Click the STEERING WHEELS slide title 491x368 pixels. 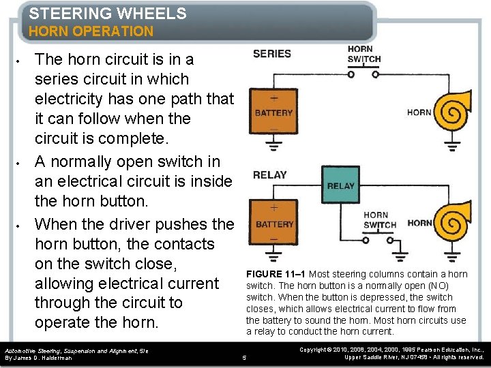click(108, 13)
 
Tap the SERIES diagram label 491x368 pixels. click(271, 54)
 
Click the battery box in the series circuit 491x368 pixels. click(273, 112)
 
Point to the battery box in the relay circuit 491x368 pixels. click(275, 224)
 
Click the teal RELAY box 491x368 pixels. click(341, 185)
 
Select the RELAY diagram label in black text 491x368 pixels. click(270, 175)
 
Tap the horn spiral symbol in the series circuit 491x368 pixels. click(453, 112)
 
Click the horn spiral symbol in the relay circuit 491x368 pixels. click(453, 221)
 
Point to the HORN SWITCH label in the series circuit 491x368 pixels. click(363, 55)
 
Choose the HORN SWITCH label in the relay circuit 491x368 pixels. click(380, 220)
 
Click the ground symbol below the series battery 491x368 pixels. click(273, 146)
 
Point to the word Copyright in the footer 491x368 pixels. click(314, 349)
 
